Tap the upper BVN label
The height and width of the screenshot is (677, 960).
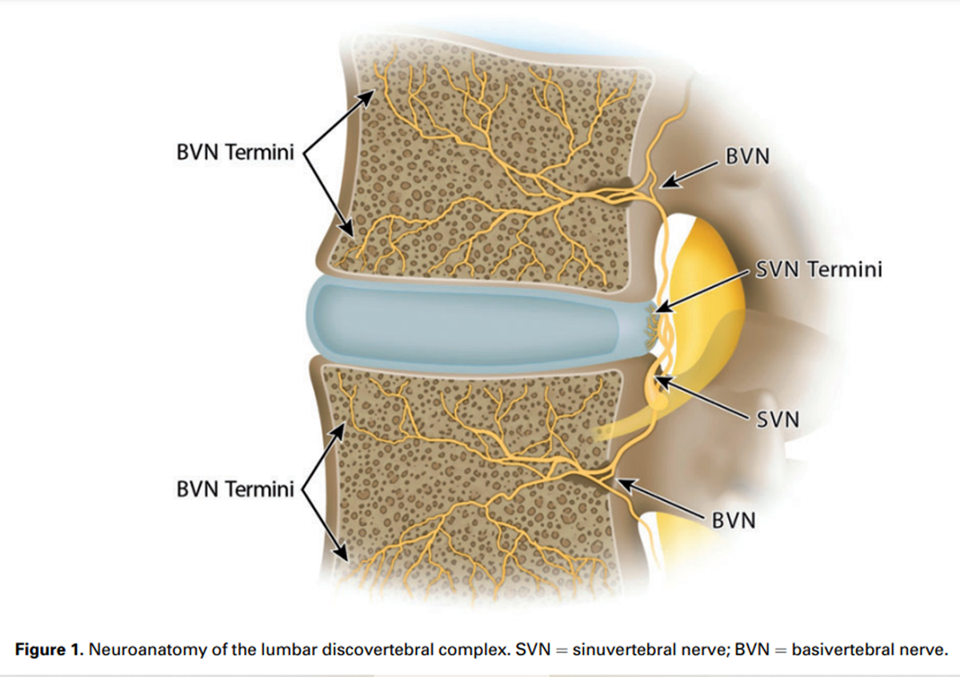coord(747,157)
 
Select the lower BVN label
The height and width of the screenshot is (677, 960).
coord(733,520)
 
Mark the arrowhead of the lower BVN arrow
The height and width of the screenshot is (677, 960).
coord(621,482)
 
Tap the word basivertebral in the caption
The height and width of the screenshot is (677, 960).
coord(845,649)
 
